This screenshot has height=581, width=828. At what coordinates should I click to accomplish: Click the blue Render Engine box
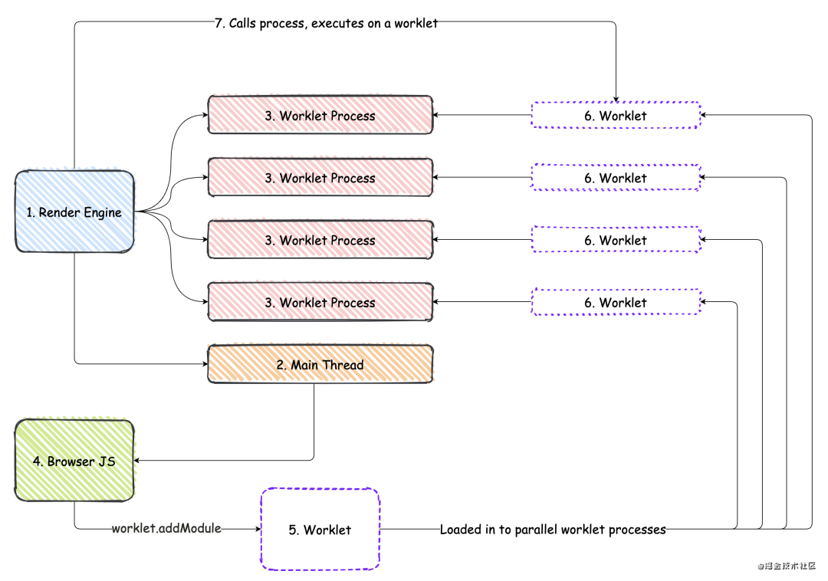[x=74, y=212]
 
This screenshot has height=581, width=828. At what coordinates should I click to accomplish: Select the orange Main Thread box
[x=320, y=365]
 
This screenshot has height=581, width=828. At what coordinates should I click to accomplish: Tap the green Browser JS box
[x=74, y=461]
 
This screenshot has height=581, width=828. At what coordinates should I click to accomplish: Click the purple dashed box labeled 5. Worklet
[x=320, y=530]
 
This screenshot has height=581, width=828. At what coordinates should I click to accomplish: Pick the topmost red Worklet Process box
[x=320, y=116]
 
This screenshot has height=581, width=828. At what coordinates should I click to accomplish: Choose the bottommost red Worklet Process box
[x=320, y=303]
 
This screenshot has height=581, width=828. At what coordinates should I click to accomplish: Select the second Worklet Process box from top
[x=320, y=178]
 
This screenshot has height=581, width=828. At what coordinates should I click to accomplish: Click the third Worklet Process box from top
[x=320, y=241]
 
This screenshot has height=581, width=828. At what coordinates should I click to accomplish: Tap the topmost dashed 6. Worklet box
[x=616, y=116]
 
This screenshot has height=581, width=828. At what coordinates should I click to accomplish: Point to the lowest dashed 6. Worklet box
[x=616, y=303]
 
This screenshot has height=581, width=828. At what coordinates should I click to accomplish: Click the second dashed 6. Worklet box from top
[x=616, y=178]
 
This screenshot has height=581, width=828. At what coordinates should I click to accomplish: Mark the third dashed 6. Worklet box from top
[x=616, y=241]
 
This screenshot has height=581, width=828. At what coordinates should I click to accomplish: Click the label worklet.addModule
[x=166, y=529]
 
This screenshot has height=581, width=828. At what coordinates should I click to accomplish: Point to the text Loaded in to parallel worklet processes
[x=553, y=529]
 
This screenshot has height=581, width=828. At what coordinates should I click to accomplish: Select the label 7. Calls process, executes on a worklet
[x=326, y=23]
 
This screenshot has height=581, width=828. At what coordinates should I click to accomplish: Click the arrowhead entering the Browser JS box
[x=139, y=461]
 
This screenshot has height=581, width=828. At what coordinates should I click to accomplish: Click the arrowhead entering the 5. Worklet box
[x=256, y=529]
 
